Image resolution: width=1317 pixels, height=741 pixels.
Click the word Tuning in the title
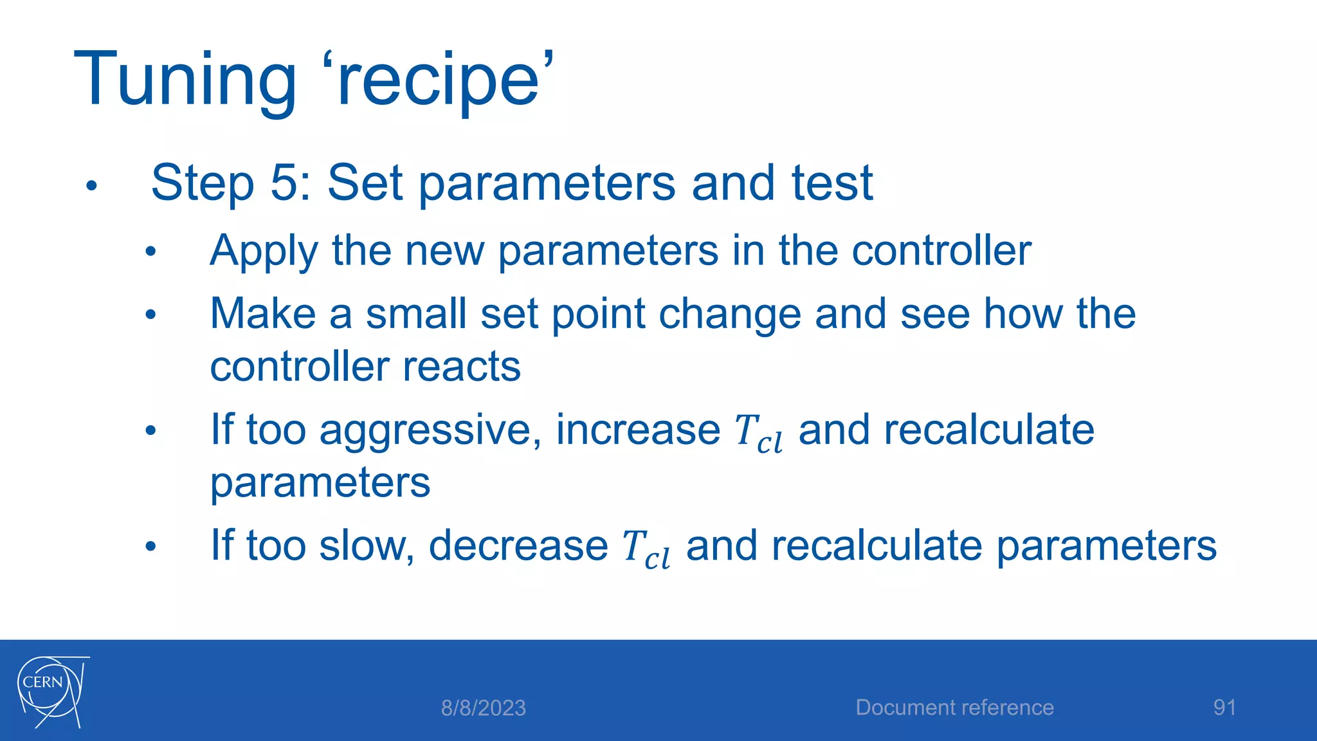point(185,80)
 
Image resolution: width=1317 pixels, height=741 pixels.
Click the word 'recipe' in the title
point(444,80)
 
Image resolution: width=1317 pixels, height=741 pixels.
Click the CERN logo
point(51,692)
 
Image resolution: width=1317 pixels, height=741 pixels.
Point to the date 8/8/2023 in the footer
point(483,708)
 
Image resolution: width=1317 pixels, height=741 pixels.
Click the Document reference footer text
point(954,708)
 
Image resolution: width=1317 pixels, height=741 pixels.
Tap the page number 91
point(1224,708)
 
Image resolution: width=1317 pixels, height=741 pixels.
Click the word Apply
point(264,251)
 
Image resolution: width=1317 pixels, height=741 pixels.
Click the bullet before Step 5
point(91,186)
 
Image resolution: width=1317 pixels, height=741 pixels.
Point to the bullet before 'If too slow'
point(150,547)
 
